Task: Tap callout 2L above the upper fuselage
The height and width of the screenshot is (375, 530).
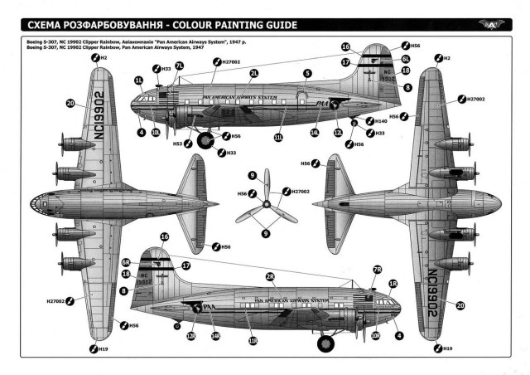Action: (x=254, y=74)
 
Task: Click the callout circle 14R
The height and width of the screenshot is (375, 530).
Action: (x=214, y=337)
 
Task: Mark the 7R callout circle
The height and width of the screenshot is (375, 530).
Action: (x=377, y=270)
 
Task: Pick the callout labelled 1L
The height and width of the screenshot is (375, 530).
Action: (x=140, y=81)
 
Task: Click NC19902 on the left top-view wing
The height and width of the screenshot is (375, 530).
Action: (x=97, y=110)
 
